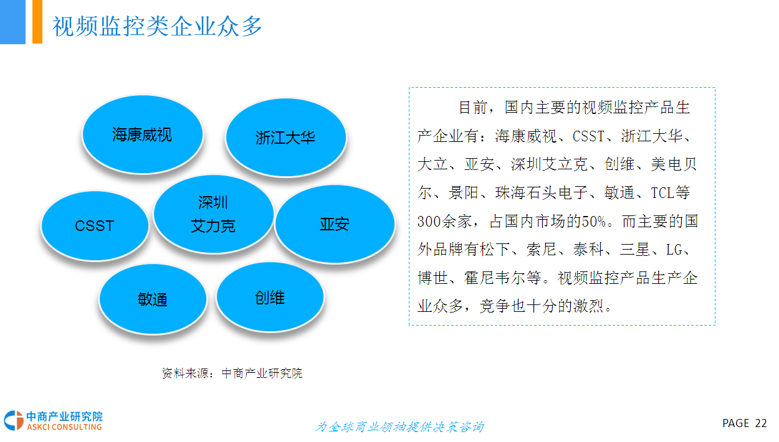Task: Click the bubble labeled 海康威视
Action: coord(143,134)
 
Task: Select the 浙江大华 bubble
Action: coord(286,137)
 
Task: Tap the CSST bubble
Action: coord(95,226)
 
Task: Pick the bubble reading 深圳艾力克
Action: coord(214,214)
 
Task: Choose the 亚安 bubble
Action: coord(335,223)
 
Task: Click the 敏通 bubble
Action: coord(153,299)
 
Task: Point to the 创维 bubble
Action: coord(270,297)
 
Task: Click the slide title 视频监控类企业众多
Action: coord(157,26)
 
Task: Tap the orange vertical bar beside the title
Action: coord(37,22)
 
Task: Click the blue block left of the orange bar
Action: coord(12,22)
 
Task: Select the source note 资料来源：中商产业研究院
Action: coord(232,373)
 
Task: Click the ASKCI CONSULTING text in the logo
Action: coord(64,426)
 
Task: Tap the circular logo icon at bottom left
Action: coord(14,420)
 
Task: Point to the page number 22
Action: coord(761,423)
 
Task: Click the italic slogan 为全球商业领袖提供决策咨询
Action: coord(399,426)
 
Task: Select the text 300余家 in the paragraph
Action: coord(444,222)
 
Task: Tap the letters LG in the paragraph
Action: coord(674,250)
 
